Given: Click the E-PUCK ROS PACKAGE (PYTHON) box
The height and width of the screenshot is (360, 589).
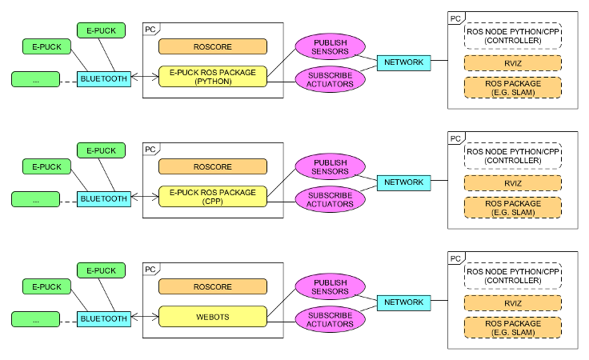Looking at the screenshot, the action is pos(213,77).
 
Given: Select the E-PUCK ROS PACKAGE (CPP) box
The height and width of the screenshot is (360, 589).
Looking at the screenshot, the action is pos(213,196).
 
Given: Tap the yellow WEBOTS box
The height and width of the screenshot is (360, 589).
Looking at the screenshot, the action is pos(213,317).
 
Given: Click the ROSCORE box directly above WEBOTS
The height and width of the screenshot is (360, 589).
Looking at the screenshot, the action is pos(213,286).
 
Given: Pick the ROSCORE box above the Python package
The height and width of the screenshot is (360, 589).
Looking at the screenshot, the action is pos(213,46).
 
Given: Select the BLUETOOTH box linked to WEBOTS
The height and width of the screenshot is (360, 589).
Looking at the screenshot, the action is pos(104,318).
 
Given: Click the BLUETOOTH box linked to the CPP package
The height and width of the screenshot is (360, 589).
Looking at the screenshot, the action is pos(104,199).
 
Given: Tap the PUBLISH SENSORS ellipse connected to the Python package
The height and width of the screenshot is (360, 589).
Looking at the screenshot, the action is pos(331,46).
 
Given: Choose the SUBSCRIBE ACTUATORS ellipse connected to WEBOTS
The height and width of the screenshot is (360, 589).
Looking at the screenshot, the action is pos(331,319).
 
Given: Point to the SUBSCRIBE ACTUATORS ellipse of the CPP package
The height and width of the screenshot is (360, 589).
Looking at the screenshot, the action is pos(331,199).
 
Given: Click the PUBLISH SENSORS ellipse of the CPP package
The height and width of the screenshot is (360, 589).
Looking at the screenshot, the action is pos(331,166).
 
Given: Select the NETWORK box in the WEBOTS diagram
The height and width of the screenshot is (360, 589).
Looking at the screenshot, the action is pos(404,302).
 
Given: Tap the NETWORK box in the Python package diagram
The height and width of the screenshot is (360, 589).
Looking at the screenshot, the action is pos(404,62).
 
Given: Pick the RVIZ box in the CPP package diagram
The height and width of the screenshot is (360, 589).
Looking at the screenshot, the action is pos(513,183).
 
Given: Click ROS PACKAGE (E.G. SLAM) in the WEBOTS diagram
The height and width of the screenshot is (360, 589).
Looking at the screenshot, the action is pos(513,328).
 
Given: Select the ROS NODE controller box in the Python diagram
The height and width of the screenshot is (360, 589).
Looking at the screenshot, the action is pos(513,36).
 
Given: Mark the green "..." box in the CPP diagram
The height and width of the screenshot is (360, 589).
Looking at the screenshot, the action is pos(36,199).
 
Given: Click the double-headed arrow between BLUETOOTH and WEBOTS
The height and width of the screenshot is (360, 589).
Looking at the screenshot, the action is pos(145,317).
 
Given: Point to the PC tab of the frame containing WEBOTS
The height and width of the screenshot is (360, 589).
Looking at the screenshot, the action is pos(151,270).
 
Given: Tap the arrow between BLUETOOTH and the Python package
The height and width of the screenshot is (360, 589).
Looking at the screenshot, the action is pos(145,77).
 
